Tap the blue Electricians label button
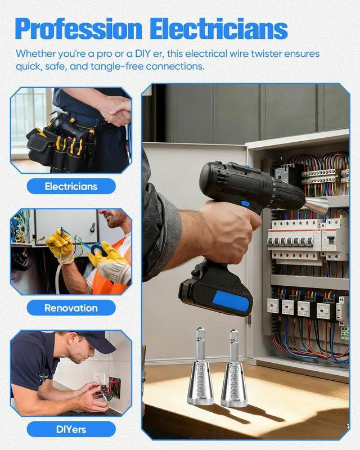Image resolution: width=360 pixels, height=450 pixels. [71, 186]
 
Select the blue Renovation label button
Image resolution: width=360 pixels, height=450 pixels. [71, 308]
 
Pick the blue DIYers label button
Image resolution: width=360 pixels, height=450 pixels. [71, 429]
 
